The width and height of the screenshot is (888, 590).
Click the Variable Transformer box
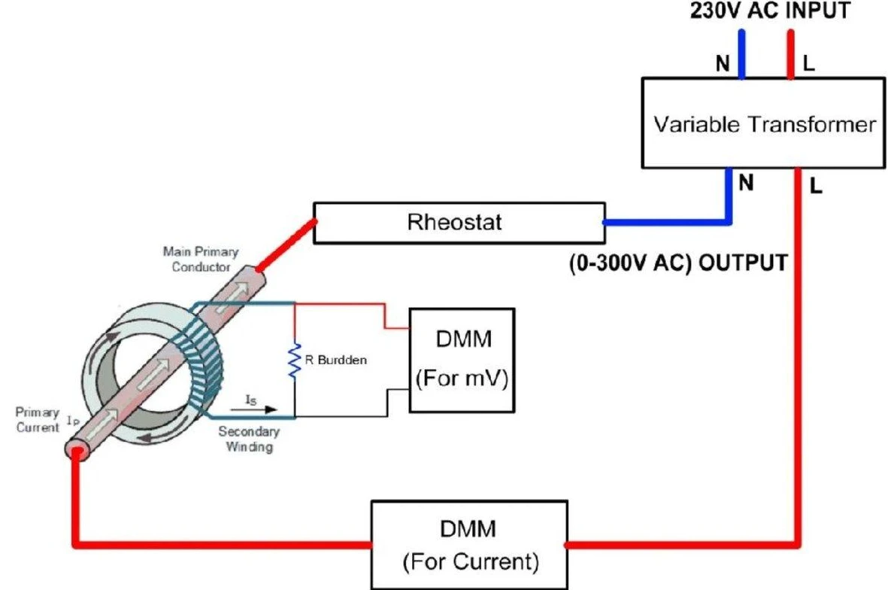click(x=763, y=123)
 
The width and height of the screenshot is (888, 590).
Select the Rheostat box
click(x=459, y=223)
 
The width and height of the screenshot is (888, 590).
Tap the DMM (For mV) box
click(x=462, y=360)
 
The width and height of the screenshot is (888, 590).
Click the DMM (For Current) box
click(x=469, y=545)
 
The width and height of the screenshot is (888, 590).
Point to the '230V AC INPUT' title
click(x=770, y=11)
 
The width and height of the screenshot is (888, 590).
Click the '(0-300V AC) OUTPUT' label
click(x=678, y=263)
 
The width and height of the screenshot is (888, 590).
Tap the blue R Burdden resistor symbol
click(x=295, y=360)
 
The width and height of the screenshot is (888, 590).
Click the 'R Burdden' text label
click(x=336, y=360)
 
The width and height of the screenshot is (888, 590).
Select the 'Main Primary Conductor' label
click(x=201, y=259)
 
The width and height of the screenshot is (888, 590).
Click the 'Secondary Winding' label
click(x=249, y=439)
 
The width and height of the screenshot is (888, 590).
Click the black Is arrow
click(x=253, y=409)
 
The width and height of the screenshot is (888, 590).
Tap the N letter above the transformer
click(x=723, y=63)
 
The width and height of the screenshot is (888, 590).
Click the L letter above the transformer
click(x=809, y=63)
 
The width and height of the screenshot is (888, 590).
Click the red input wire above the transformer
click(x=790, y=54)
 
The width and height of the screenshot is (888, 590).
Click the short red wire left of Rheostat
click(x=286, y=245)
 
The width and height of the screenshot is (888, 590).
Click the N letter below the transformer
click(x=747, y=183)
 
